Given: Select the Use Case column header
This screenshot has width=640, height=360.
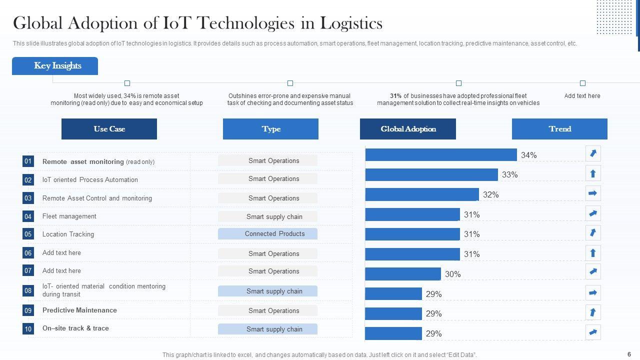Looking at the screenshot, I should click(109, 129).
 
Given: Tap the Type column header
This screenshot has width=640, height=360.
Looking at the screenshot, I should click(270, 129).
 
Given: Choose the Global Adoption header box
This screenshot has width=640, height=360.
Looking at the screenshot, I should click(408, 129).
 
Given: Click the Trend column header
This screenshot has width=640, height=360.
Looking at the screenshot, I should click(559, 129).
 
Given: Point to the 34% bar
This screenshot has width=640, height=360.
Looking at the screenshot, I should click(440, 155).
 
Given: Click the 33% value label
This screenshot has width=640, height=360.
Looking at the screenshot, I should click(510, 174).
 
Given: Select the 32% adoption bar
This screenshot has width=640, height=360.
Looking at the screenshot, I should click(421, 194).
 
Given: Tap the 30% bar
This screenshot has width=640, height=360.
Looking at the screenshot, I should click(402, 274).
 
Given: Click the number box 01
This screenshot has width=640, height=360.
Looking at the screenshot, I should click(28, 161).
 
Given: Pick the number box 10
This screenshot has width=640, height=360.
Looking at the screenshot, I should click(28, 329).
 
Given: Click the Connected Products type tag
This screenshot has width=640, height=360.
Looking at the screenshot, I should click(267, 234).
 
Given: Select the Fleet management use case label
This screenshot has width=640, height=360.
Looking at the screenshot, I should click(69, 216).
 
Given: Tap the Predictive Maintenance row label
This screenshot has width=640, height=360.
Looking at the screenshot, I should click(79, 310).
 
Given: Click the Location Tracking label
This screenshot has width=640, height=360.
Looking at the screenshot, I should click(68, 234).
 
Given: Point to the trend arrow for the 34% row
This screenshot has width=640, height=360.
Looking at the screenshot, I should click(593, 153).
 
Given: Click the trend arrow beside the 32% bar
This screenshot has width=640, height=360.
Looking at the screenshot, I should click(593, 193).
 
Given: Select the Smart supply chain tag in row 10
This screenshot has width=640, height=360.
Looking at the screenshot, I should click(267, 329).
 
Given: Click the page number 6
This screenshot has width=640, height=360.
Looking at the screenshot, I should click(628, 354).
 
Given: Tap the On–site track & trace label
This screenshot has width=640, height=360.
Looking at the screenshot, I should click(75, 328).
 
